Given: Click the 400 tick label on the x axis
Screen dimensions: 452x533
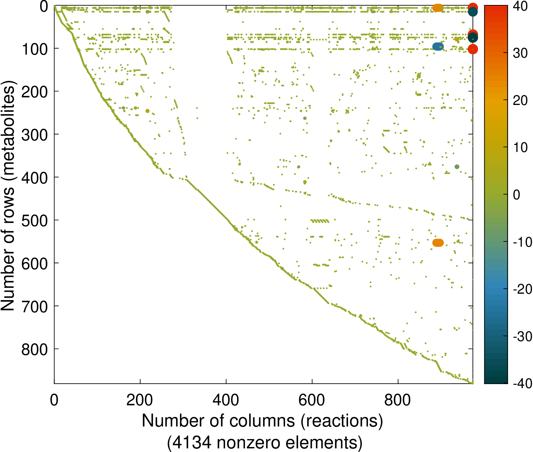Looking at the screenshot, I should coord(226,400).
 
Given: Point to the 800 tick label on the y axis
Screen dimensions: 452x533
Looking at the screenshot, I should coord(34,349).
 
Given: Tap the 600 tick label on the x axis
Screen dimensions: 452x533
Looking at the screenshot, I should coord(312,400).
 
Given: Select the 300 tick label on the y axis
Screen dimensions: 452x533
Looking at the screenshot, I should coord(34,135).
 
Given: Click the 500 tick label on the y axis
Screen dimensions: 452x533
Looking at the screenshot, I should coord(34,221).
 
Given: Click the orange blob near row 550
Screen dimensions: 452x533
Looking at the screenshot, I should coord(438,243).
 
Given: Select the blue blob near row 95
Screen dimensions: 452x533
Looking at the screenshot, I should coord(438,47).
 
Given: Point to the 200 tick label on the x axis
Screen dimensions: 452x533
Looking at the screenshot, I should coord(140,400).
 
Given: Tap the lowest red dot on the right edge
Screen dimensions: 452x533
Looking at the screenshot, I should coord(473,49).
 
